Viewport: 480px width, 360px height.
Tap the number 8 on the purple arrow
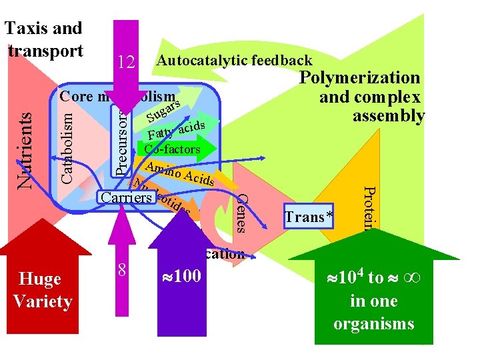tap(122, 269)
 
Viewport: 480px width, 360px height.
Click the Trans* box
tap(309, 217)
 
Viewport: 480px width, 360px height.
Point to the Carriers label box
tap(127, 197)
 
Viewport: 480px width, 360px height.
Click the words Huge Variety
tap(42, 290)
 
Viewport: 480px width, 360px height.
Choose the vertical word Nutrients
tap(25, 148)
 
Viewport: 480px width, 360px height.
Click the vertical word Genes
tap(243, 213)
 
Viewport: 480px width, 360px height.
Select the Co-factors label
tap(172, 149)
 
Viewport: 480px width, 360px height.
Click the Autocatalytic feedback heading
tap(233, 61)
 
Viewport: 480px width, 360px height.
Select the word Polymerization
tap(359, 78)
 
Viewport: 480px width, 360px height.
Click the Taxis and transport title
tap(43, 39)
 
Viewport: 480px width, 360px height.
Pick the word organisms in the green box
tap(373, 324)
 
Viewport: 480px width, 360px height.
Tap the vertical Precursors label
tap(119, 143)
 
